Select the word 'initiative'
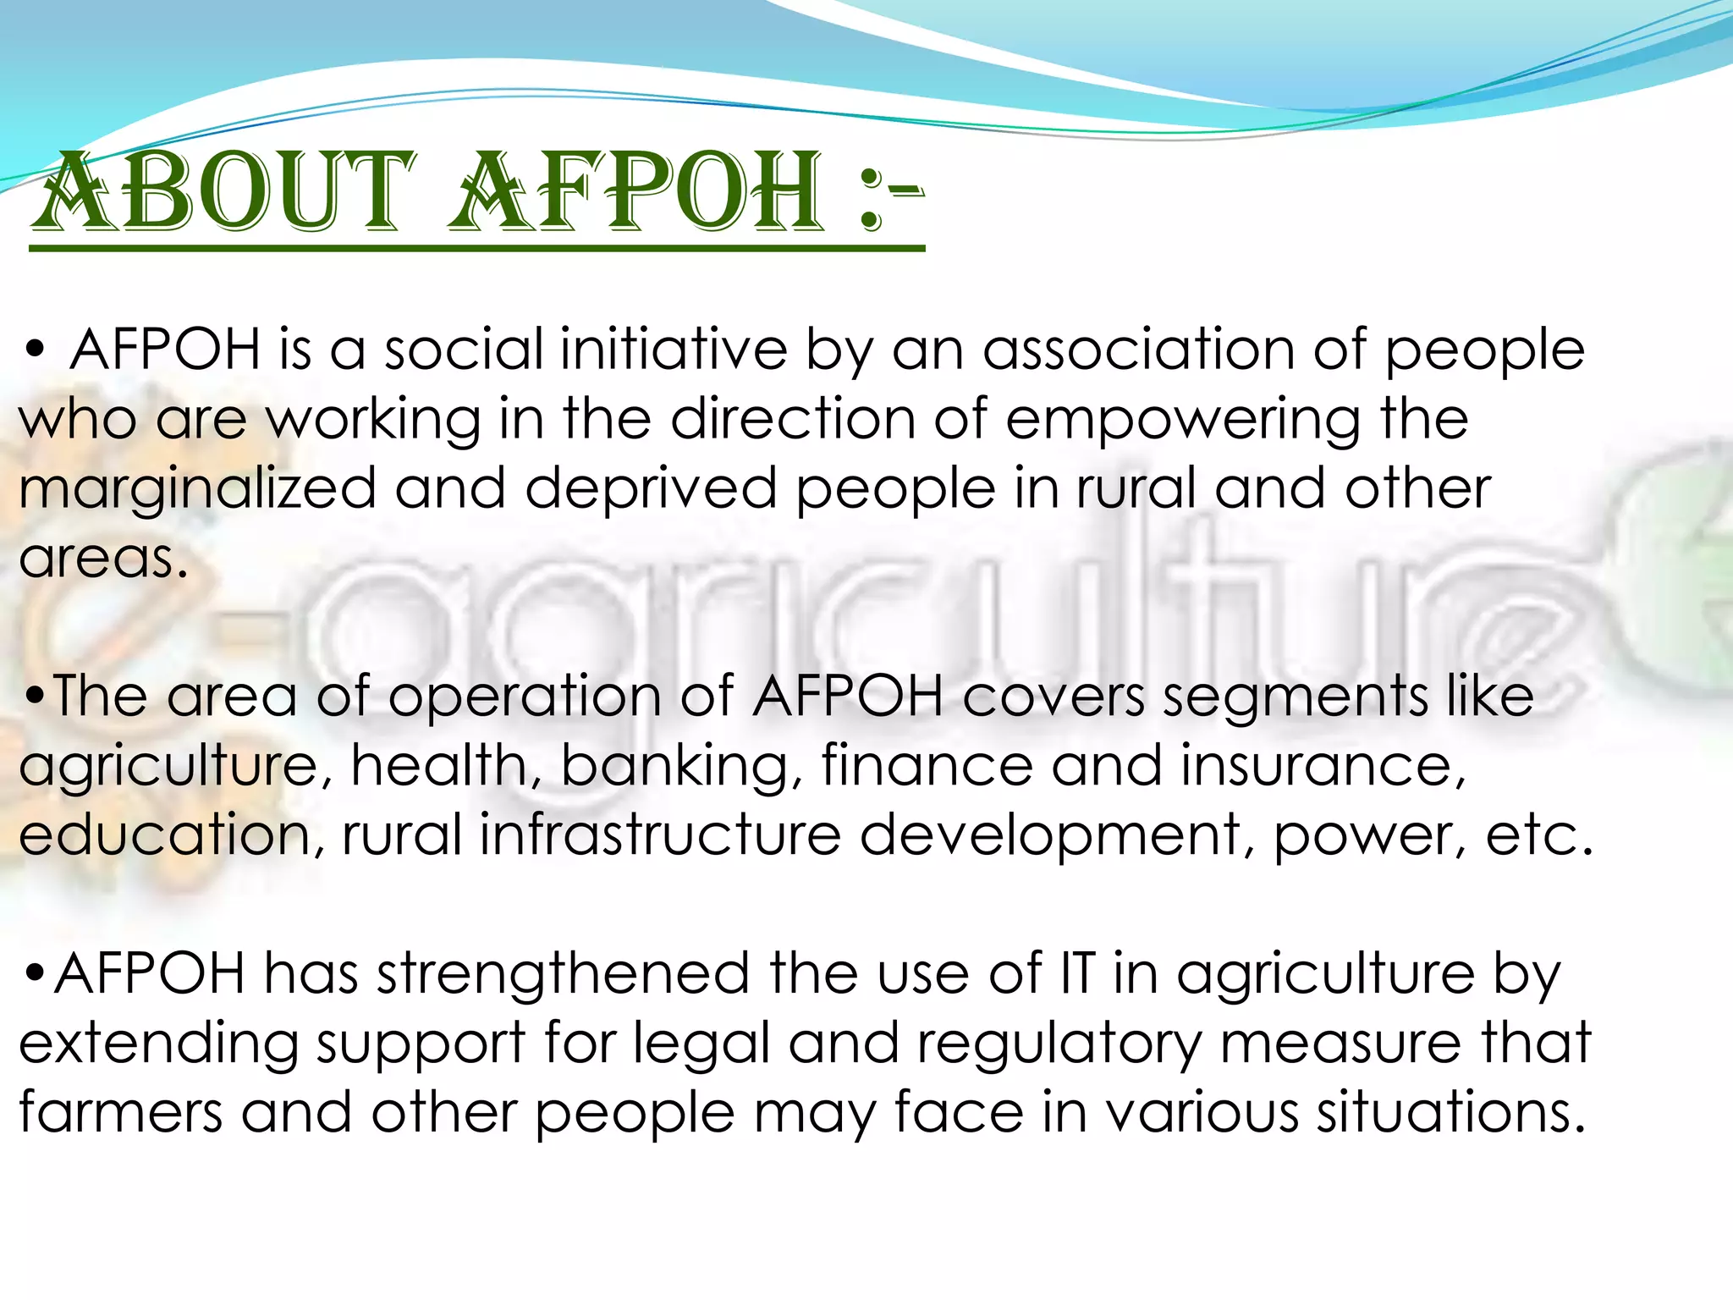tap(674, 350)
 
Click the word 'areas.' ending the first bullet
tap(103, 559)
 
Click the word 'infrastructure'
tap(660, 835)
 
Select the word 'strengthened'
tap(563, 974)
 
